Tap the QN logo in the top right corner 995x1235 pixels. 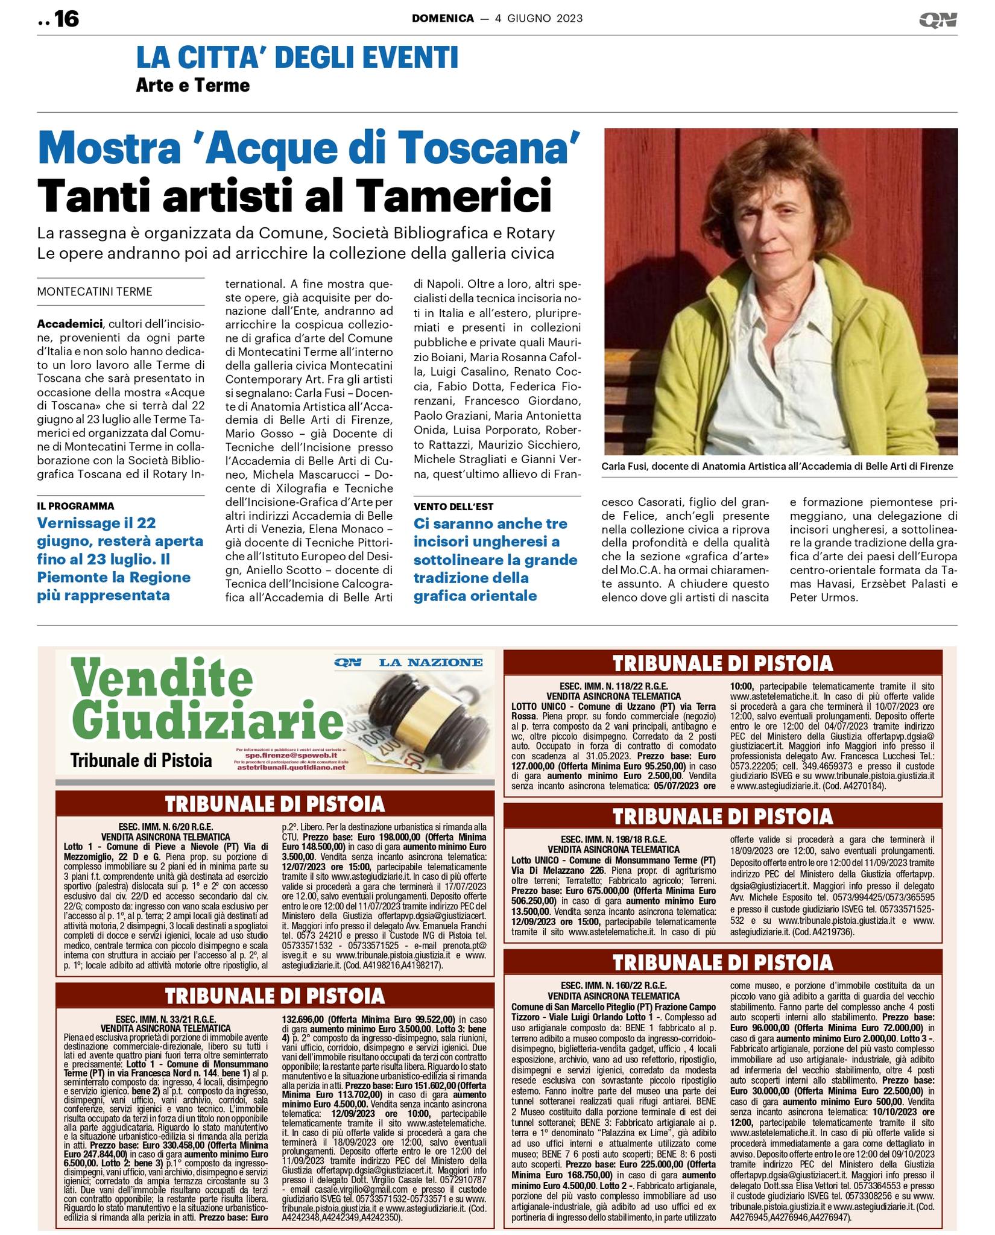coord(938,20)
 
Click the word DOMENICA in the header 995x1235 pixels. coord(443,19)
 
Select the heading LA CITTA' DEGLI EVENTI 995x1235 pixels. coord(297,58)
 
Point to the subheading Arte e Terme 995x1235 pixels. coord(192,85)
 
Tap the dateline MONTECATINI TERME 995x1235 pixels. coord(95,292)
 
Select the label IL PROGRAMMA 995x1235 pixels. coord(75,506)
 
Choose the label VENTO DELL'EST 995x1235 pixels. coord(453,507)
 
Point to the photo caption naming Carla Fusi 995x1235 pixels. coord(777,466)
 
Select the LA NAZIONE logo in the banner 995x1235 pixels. coord(431,663)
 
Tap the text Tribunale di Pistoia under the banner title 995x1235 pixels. coord(141,760)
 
